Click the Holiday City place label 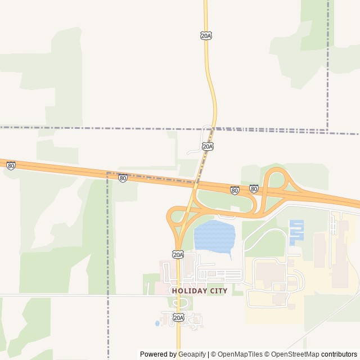tap(200, 291)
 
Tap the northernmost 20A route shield tap(206, 35)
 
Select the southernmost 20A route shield tap(178, 318)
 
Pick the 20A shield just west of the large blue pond tap(178, 255)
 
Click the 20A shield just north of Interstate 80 tap(208, 146)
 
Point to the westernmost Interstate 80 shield tap(11, 165)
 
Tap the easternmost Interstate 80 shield tap(254, 189)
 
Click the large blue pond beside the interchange tap(214, 236)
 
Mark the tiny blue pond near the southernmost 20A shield tap(157, 323)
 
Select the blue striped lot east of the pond tap(296, 231)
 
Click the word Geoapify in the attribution tap(192, 354)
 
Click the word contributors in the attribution tap(339, 354)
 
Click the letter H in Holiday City tap(174, 291)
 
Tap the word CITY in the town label tap(218, 291)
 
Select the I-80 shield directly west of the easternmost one tap(235, 190)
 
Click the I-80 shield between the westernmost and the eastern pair tap(123, 178)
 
